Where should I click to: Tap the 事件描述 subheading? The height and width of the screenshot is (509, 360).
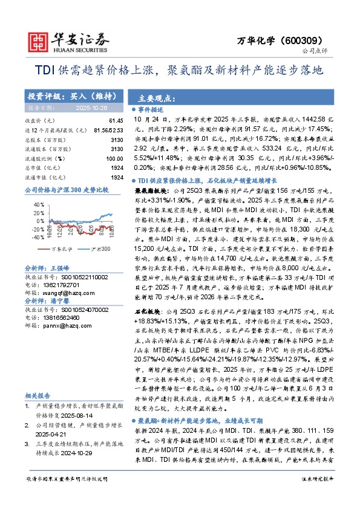click(x=151, y=109)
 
